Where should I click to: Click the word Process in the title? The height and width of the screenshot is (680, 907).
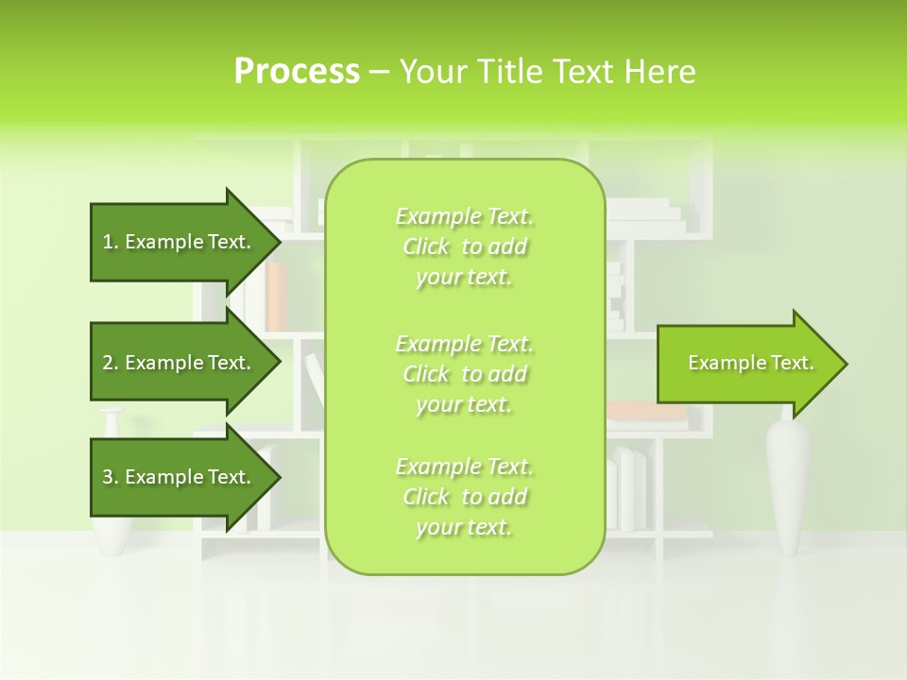coord(297,72)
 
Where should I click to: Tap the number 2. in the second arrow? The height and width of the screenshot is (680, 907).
coord(111,363)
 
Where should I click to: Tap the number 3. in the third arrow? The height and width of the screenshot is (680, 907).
coord(111,477)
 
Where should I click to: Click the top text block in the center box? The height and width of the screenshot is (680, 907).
coord(465,246)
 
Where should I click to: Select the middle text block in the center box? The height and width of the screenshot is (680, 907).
coord(465,374)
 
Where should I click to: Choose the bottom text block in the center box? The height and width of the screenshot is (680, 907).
coord(465,497)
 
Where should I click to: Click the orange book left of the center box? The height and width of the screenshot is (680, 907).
coord(276,295)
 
